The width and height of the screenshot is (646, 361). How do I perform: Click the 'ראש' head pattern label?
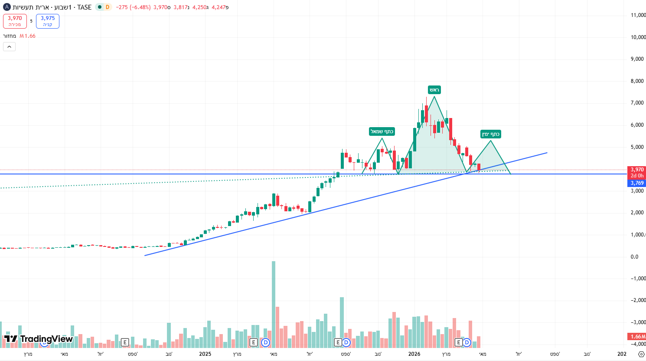pyautogui.click(x=434, y=90)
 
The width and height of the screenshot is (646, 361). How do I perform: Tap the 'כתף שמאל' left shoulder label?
pyautogui.click(x=382, y=131)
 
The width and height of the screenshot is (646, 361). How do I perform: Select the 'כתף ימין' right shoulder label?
pyautogui.click(x=491, y=134)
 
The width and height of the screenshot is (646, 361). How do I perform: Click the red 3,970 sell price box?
pyautogui.click(x=15, y=21)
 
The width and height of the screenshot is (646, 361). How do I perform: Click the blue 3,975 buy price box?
pyautogui.click(x=48, y=21)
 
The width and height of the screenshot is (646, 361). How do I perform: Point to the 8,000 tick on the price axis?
pyautogui.click(x=637, y=81)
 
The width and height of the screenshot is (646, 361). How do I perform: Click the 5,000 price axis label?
pyautogui.click(x=637, y=147)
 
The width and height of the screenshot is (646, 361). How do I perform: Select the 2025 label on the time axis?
pyautogui.click(x=205, y=354)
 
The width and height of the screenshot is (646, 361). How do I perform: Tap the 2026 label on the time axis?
pyautogui.click(x=414, y=354)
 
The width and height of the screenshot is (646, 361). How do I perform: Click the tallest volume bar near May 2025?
pyautogui.click(x=274, y=304)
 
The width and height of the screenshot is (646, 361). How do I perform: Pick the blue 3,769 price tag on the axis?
pyautogui.click(x=637, y=183)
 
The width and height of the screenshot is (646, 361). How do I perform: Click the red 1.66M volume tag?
pyautogui.click(x=637, y=337)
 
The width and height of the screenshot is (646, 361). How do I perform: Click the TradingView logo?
pyautogui.click(x=38, y=339)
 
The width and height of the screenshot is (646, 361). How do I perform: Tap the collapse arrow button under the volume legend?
pyautogui.click(x=9, y=46)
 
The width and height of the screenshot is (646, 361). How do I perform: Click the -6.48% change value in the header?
pyautogui.click(x=140, y=7)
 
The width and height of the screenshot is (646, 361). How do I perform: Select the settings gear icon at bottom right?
pyautogui.click(x=641, y=354)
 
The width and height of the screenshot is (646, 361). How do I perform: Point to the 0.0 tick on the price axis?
pyautogui.click(x=634, y=257)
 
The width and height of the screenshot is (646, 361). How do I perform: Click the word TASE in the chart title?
pyautogui.click(x=85, y=7)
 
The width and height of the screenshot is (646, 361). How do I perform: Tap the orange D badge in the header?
pyautogui.click(x=107, y=7)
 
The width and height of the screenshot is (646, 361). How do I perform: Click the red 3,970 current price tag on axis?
pyautogui.click(x=637, y=170)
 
